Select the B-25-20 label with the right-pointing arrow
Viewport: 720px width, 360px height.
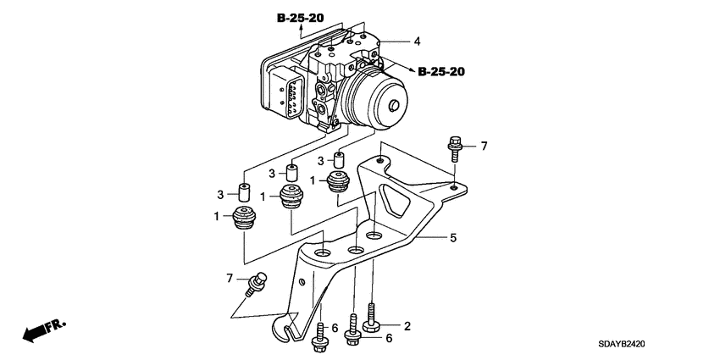coord(440,73)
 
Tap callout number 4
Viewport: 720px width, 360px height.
coord(416,41)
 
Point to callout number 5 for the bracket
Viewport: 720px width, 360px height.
coord(452,239)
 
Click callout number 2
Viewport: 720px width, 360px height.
coord(407,325)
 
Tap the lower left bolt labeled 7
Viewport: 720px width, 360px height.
coord(255,282)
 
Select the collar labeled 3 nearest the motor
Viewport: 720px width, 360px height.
coord(339,159)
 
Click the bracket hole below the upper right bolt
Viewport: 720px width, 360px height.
coord(455,186)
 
